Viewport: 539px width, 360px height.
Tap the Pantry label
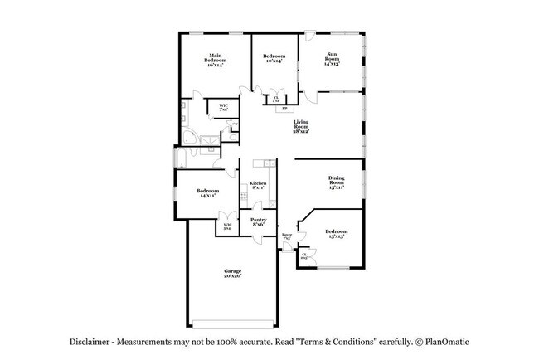tap(259, 221)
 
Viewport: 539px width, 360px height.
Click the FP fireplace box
tap(284, 109)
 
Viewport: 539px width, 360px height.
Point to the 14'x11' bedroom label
tap(207, 196)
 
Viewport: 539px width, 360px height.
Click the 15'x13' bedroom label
tap(335, 236)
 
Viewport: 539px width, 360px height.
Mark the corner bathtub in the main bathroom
tap(190, 138)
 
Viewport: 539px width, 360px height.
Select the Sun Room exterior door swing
tap(309, 38)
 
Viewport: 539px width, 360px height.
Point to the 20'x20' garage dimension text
tap(231, 277)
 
